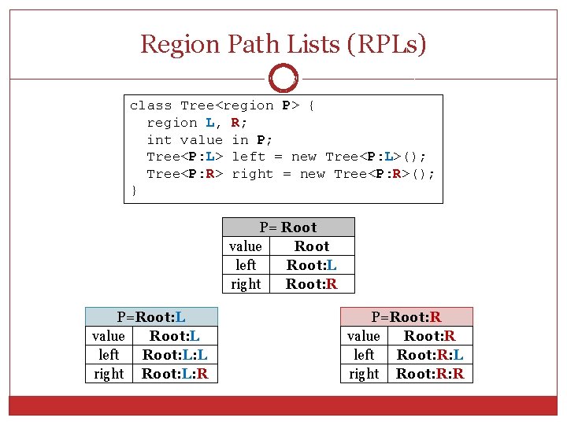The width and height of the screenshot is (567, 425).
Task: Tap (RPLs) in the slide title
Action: tap(386, 44)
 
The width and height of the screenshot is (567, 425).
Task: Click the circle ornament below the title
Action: tap(283, 79)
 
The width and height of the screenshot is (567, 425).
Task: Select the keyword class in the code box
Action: tap(150, 105)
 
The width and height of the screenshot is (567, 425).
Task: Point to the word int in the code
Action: tap(159, 140)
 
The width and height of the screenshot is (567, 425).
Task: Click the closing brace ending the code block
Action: tap(134, 191)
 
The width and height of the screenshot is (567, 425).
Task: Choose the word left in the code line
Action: tap(249, 157)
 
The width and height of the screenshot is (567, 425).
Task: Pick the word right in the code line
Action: tap(253, 174)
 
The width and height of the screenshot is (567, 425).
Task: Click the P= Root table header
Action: tap(288, 227)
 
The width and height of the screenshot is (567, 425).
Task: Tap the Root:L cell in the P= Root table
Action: tap(312, 265)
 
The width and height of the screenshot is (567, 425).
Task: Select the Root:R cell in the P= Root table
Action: tap(312, 284)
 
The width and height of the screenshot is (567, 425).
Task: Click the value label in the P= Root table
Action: tap(246, 246)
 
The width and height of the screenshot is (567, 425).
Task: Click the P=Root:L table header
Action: tap(151, 317)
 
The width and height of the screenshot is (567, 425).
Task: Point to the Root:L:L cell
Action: tap(175, 355)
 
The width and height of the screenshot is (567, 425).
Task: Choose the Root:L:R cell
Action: tap(175, 374)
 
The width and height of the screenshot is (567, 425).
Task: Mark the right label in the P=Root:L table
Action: tap(109, 374)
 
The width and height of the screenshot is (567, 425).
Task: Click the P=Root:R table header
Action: tap(406, 317)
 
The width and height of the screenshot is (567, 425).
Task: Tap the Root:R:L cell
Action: tap(430, 355)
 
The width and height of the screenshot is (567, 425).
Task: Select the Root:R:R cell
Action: tap(430, 374)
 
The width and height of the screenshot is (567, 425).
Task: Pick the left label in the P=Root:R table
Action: tap(364, 355)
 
